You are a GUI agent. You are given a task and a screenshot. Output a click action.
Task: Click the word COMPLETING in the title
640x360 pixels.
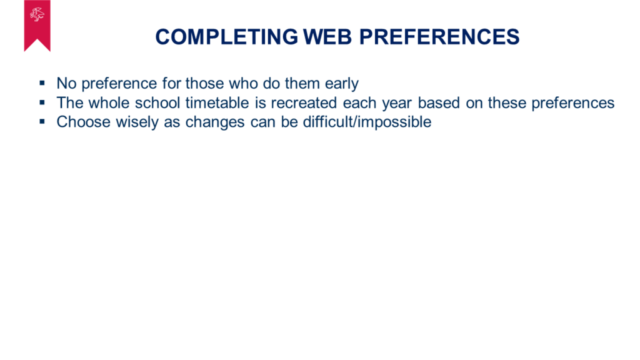(226, 37)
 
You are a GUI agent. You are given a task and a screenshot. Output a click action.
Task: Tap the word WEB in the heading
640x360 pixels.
(327, 37)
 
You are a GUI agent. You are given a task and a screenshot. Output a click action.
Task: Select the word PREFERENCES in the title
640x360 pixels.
(439, 37)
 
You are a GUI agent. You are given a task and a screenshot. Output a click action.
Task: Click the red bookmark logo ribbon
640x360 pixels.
(37, 26)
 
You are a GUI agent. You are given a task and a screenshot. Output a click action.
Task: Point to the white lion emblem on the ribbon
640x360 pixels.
(37, 15)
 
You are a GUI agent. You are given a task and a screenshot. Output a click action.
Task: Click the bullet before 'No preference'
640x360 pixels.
(42, 83)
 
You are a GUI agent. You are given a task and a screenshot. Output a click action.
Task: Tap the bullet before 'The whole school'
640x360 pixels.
(42, 102)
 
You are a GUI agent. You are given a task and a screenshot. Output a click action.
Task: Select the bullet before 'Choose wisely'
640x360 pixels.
(42, 122)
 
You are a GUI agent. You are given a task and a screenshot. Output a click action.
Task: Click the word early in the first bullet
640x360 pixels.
(342, 84)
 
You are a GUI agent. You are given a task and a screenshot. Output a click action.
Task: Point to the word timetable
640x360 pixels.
(217, 102)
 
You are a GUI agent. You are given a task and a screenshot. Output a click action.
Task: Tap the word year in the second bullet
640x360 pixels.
(397, 104)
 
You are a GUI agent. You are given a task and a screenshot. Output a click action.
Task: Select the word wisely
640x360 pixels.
(137, 122)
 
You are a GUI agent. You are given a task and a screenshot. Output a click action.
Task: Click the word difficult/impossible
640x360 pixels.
(367, 122)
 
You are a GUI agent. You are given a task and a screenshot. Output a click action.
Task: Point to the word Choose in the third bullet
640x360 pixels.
(83, 122)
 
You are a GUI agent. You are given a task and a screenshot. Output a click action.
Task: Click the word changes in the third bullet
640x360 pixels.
(215, 122)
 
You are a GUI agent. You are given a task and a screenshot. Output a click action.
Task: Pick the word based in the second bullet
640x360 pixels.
(439, 102)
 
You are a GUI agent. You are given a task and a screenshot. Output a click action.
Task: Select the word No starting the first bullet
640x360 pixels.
(66, 83)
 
